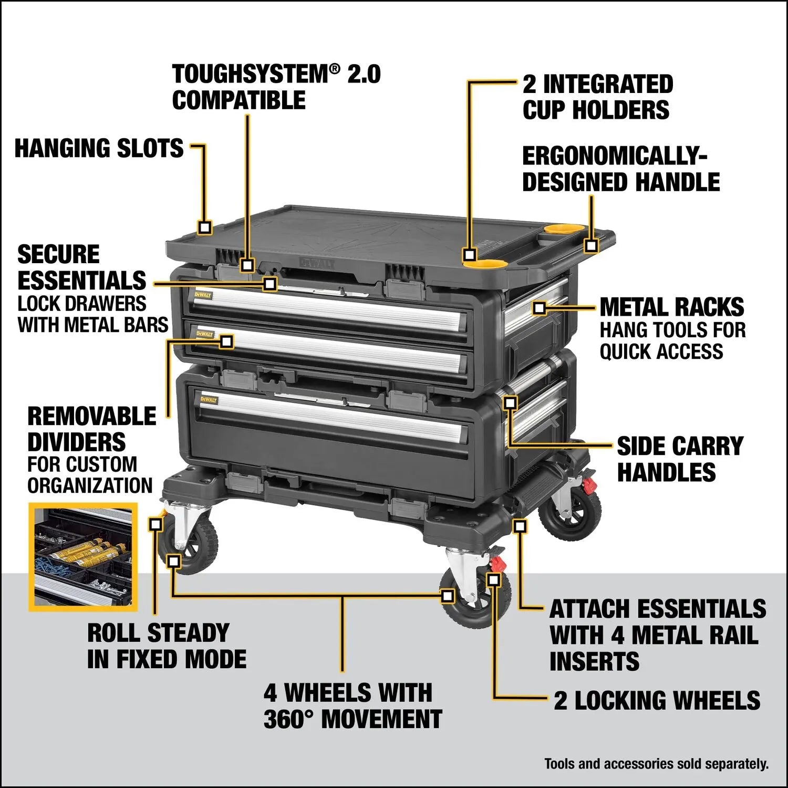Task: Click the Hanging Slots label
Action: (x=99, y=149)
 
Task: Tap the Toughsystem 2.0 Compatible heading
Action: (x=276, y=87)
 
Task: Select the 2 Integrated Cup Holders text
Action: (x=597, y=97)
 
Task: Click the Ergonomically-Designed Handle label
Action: (x=620, y=169)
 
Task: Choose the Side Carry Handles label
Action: (x=680, y=459)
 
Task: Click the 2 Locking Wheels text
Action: (x=657, y=701)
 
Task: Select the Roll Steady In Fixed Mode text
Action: (x=167, y=646)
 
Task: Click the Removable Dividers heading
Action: (x=91, y=429)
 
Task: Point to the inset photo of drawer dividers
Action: (x=82, y=557)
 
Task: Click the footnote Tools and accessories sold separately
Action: (x=656, y=763)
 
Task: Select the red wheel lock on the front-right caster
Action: (x=497, y=564)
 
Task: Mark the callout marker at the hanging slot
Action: (x=205, y=227)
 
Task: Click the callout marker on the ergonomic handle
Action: (x=592, y=245)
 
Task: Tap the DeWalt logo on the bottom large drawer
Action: (x=209, y=400)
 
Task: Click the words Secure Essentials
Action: (x=81, y=267)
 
